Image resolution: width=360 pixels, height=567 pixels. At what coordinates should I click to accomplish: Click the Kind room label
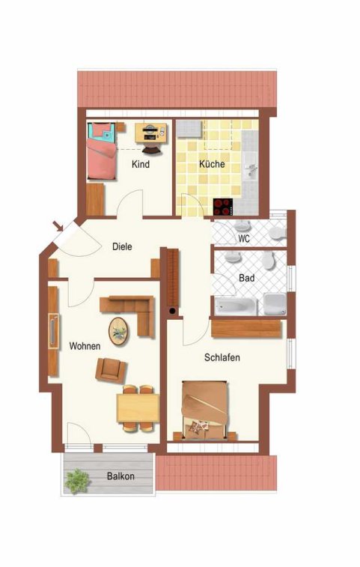pos(141,165)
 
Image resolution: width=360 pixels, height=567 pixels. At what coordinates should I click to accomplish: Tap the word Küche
pos(212,164)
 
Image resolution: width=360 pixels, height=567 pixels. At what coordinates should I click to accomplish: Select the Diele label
pos(122,247)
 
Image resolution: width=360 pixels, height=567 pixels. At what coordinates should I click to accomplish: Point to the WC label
pos(244,239)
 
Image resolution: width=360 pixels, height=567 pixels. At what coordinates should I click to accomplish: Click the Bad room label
pos(246,278)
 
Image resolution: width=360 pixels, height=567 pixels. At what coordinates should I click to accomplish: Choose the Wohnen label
pos(85,346)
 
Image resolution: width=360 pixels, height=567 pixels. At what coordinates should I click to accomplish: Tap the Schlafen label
pos(222,357)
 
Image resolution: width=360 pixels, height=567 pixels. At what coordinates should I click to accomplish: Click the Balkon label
pos(120,476)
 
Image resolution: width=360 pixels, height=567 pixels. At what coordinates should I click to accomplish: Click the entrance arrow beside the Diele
pos(58,226)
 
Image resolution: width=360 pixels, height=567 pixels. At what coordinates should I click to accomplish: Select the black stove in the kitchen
pos(223,207)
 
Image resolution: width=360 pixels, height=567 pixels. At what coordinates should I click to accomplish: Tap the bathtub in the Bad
pos(236,306)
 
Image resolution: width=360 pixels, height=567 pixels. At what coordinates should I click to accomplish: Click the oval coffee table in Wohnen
pos(118,331)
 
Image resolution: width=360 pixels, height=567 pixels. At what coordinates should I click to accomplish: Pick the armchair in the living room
pos(111,370)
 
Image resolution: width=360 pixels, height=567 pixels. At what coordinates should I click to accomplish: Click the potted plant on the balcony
pos(77,482)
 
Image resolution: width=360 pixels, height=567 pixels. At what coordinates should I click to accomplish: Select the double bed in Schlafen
pos(205,410)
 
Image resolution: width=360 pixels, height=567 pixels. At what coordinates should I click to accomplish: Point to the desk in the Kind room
pos(151,133)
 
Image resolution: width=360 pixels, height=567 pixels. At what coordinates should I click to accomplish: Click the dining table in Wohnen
pos(138,408)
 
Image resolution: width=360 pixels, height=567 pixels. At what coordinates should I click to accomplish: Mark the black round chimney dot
pos(173,311)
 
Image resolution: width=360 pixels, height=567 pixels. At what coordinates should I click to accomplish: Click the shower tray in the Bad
pos(275,304)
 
